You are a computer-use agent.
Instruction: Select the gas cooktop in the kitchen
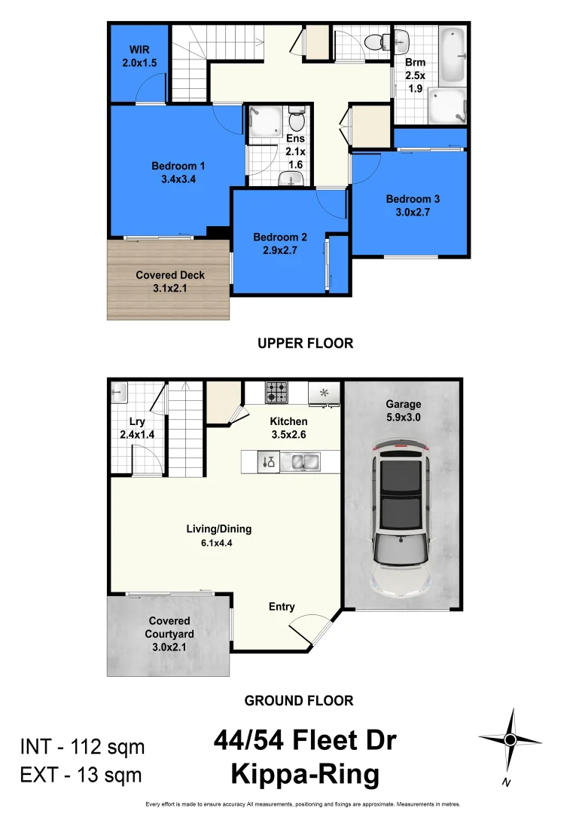tap(276, 393)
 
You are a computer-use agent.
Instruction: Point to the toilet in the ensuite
tap(296, 120)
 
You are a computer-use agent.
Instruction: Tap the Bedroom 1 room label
tap(178, 173)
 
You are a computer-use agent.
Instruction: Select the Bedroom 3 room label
tap(413, 205)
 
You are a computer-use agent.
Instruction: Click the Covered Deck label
tap(170, 281)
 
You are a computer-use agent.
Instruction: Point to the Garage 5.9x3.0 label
tap(403, 410)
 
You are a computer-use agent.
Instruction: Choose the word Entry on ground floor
tap(282, 607)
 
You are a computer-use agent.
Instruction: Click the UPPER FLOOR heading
tap(305, 343)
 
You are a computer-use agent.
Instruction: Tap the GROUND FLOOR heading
tap(299, 700)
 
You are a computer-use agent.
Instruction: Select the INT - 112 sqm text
tap(82, 748)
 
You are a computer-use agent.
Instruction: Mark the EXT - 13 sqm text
tap(81, 774)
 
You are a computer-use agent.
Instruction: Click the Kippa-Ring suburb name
tap(305, 774)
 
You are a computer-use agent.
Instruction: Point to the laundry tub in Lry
tap(120, 393)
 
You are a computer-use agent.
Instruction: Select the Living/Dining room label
tap(218, 535)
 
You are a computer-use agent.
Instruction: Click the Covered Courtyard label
tap(169, 634)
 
